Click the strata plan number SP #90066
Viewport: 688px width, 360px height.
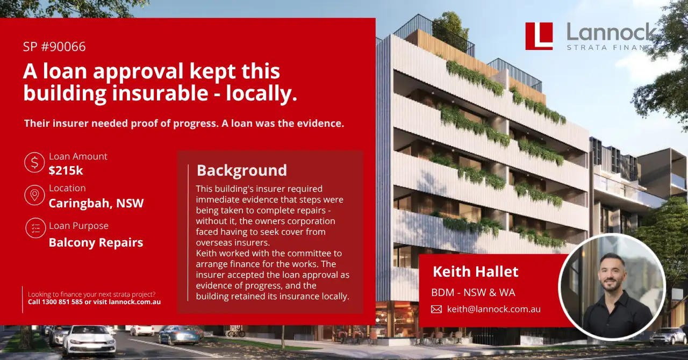(x=54, y=47)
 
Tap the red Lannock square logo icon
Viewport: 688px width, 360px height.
(x=539, y=36)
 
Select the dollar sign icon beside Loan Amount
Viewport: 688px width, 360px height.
(x=34, y=162)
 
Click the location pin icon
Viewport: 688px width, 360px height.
(x=34, y=195)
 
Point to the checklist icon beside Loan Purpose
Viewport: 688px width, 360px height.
(x=35, y=228)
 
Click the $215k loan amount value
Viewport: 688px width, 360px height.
(x=66, y=170)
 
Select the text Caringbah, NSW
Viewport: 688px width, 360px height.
(x=96, y=203)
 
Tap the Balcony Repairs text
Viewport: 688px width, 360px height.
(x=96, y=243)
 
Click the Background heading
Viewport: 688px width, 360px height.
(x=242, y=170)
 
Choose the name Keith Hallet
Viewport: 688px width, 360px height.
(x=476, y=271)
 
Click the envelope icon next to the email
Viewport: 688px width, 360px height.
(x=436, y=309)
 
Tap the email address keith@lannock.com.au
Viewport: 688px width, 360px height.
(x=494, y=309)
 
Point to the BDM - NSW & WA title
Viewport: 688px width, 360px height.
(x=473, y=292)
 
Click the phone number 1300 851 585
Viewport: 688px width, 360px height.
(x=62, y=302)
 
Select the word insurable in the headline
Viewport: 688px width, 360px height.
(x=160, y=93)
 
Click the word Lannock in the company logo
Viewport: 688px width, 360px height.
(x=611, y=32)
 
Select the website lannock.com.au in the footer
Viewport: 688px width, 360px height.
(x=134, y=302)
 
